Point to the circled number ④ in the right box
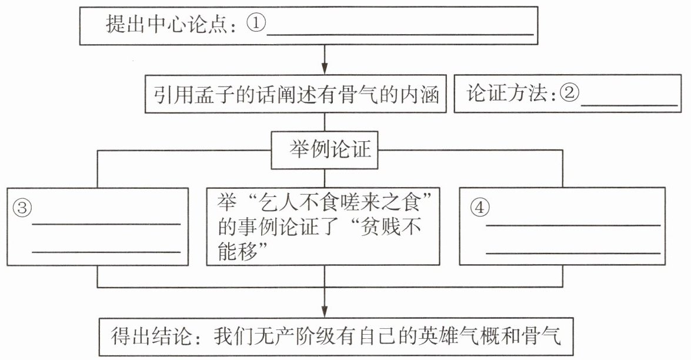click(479, 207)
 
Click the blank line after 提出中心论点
click(400, 34)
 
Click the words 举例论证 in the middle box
click(330, 150)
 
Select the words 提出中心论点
click(167, 24)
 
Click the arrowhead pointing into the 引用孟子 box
click(325, 68)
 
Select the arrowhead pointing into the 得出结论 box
click(325, 311)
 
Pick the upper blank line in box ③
click(106, 224)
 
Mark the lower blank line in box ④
click(573, 254)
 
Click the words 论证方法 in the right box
click(507, 94)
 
